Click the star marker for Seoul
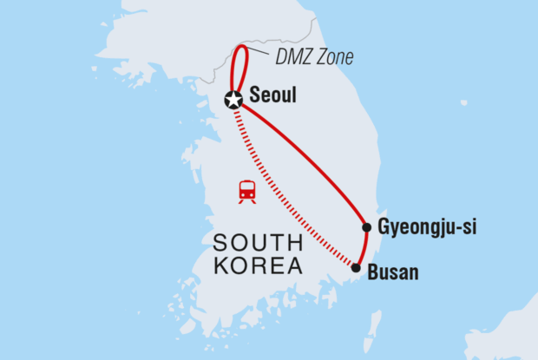coord(233,100)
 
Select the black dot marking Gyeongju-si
coord(366,227)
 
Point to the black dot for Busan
coord(356,268)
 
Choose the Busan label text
coord(393,272)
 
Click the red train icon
coord(247,192)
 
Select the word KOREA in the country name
coord(258,265)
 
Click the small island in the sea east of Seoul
coord(464,102)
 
